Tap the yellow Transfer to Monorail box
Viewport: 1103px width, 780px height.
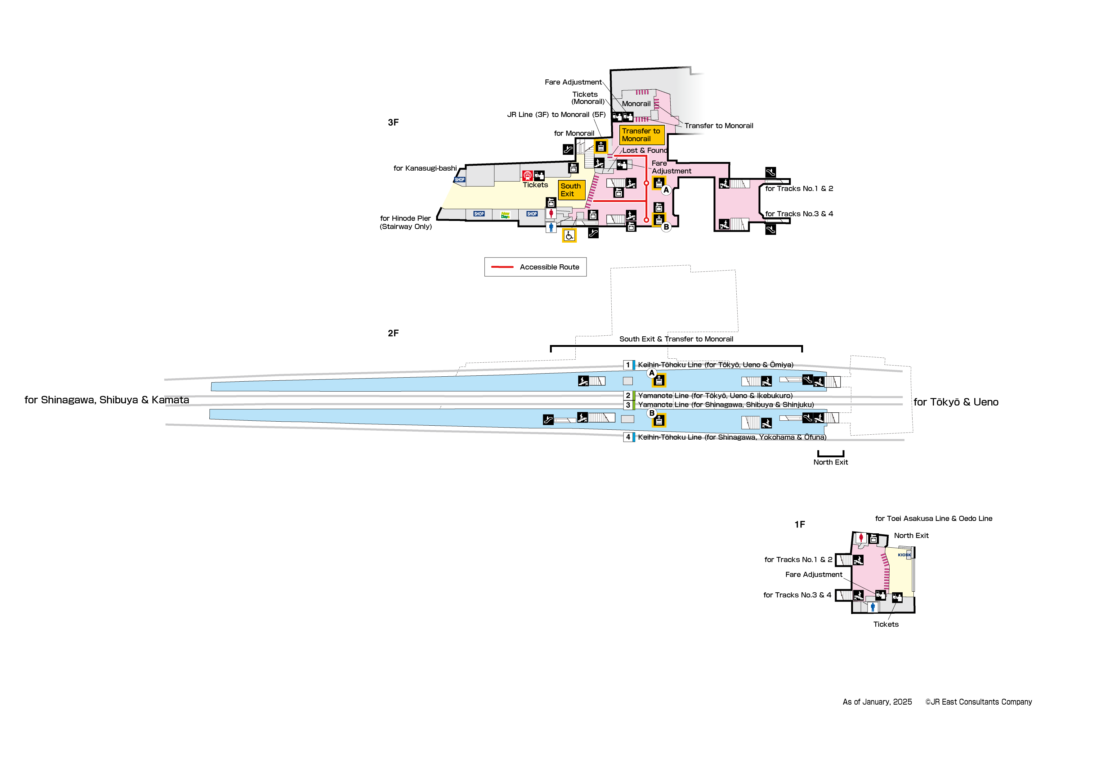641,135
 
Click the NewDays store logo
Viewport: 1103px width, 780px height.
505,215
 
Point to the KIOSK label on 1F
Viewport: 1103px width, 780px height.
904,555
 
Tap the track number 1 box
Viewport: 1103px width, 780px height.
628,365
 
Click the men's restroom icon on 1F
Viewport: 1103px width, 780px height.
873,607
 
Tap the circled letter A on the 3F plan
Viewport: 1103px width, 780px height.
666,190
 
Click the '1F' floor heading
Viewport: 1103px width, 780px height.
799,524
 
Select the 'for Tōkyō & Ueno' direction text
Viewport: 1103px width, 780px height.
956,402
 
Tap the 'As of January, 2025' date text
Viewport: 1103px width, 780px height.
877,702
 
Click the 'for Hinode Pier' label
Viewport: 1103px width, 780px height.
405,219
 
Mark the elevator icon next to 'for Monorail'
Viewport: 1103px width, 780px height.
601,146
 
